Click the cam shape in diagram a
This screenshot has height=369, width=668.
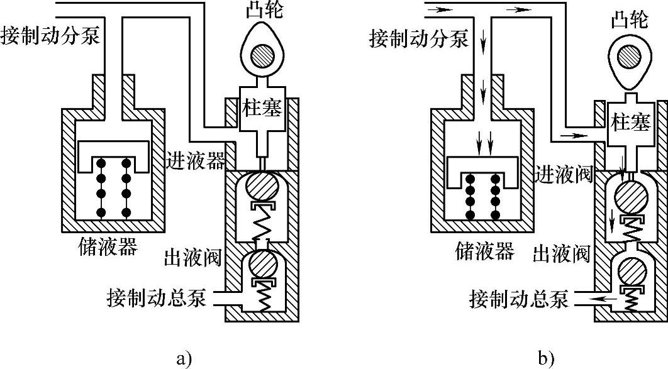point(262,55)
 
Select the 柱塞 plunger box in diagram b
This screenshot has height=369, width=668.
point(628,123)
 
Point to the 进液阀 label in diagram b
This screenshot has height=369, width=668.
point(564,173)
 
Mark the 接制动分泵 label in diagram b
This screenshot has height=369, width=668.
point(419,39)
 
